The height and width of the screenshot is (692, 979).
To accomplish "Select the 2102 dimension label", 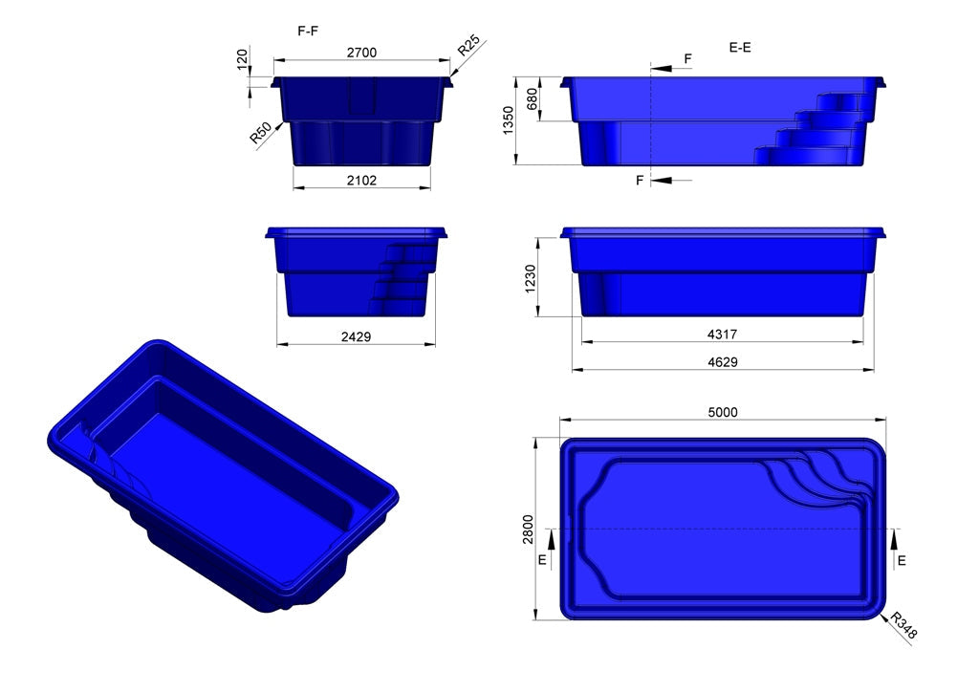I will (360, 179).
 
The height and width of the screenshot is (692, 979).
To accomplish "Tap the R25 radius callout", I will (468, 47).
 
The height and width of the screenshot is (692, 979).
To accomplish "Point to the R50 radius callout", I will (259, 134).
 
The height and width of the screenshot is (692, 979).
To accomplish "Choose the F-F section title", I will (308, 31).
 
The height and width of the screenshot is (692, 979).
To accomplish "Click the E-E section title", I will (739, 46).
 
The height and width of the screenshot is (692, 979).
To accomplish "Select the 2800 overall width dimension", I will (527, 528).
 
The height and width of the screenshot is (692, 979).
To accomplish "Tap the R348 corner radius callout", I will (903, 627).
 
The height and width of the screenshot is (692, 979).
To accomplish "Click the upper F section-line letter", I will (688, 59).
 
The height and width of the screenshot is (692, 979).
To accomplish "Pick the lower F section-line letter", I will (641, 180).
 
